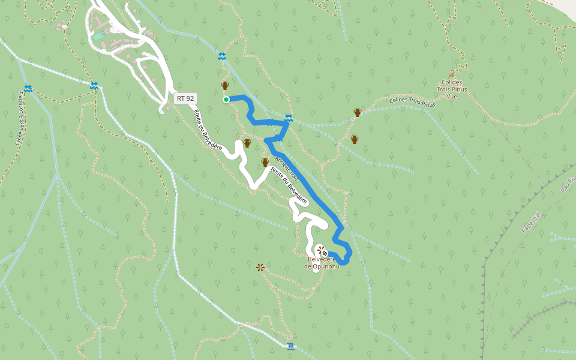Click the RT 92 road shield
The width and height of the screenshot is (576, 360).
pos(185,98)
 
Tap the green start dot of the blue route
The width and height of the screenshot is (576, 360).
pos(226,100)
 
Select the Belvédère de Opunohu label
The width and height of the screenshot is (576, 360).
pos(322,262)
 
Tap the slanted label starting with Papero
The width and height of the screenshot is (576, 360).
pos(532,221)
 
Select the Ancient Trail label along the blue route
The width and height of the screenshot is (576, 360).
pos(287,167)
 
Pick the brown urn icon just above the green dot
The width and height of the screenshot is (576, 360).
pos(225,86)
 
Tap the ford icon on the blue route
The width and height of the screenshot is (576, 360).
pos(289,118)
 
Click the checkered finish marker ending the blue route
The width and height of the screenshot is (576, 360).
pos(325,253)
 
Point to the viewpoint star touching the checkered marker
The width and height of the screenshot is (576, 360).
pos(320,248)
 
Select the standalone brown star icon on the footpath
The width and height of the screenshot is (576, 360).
pos(260,267)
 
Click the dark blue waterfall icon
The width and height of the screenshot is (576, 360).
pos(291,346)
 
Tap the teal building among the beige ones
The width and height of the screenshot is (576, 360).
pos(98,37)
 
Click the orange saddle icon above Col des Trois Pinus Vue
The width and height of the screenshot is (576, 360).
pos(452,75)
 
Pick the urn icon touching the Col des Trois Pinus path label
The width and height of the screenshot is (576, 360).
pos(358,112)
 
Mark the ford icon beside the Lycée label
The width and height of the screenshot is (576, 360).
pos(28,89)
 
